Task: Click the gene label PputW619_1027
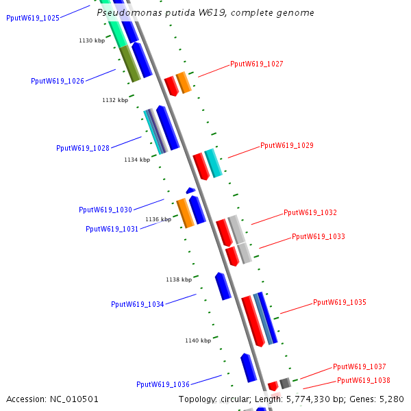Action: pyautogui.click(x=257, y=64)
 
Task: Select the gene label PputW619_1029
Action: pyautogui.click(x=287, y=145)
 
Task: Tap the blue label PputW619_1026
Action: pyautogui.click(x=58, y=81)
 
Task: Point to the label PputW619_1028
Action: pyautogui.click(x=83, y=148)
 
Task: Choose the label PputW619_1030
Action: pyautogui.click(x=105, y=210)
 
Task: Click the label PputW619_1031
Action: pyautogui.click(x=112, y=229)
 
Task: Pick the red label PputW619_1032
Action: pyautogui.click(x=310, y=213)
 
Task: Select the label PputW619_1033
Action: pyautogui.click(x=319, y=236)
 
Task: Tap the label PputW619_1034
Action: pyautogui.click(x=138, y=304)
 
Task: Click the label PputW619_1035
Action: pyautogui.click(x=340, y=302)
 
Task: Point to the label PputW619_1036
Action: pyautogui.click(x=163, y=384)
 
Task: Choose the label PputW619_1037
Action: pyautogui.click(x=360, y=366)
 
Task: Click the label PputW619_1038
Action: pyautogui.click(x=364, y=380)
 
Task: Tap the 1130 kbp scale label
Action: pyautogui.click(x=92, y=41)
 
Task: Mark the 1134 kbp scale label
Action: pyautogui.click(x=137, y=160)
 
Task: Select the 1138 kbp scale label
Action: pyautogui.click(x=179, y=279)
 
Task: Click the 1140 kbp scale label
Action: pyautogui.click(x=198, y=340)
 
